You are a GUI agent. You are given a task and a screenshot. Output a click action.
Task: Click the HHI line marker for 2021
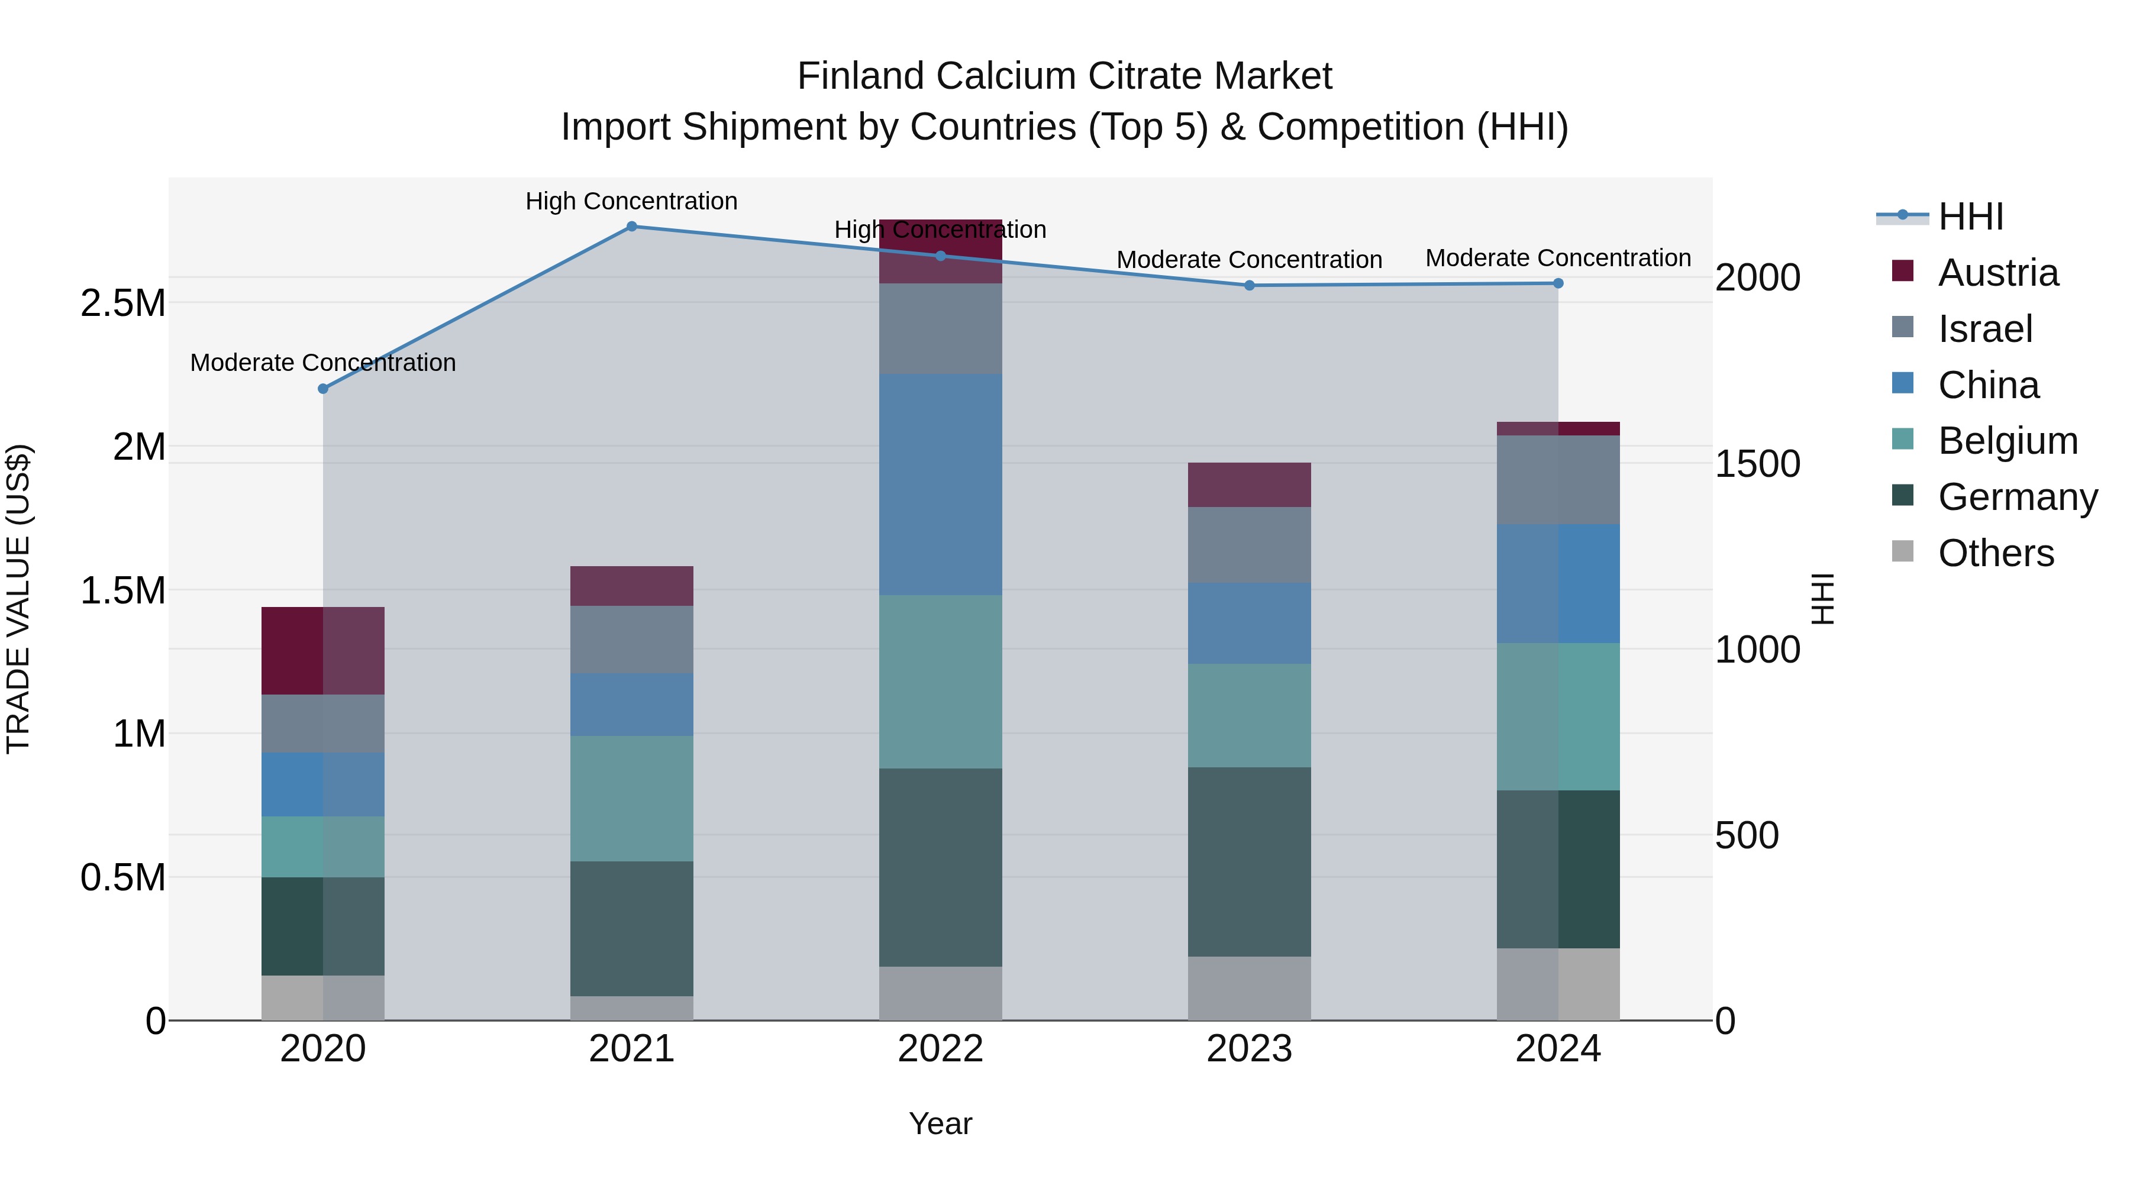tap(632, 227)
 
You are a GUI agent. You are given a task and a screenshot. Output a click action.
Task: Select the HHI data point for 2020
tap(323, 389)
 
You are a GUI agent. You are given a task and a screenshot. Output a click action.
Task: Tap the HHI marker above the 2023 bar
tap(1250, 285)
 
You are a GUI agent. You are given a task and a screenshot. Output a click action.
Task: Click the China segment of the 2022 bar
tap(940, 485)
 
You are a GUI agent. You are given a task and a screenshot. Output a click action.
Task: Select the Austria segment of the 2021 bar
tap(632, 586)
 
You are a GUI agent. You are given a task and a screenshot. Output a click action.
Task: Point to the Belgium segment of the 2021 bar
tap(632, 799)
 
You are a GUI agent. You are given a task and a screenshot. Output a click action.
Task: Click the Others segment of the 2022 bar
tap(940, 993)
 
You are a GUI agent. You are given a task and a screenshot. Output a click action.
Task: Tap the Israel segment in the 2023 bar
tap(1250, 545)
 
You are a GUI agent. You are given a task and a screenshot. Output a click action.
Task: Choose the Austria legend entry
tap(1997, 273)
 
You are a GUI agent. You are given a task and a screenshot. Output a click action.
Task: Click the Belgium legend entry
tap(2008, 441)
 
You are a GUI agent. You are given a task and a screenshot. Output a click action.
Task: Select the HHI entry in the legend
tap(1970, 217)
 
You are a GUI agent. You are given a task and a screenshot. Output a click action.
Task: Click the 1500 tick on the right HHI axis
tap(1757, 464)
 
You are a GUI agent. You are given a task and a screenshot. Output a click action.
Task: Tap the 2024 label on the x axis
tap(1558, 1049)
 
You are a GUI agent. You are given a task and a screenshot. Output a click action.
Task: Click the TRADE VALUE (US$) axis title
tap(18, 599)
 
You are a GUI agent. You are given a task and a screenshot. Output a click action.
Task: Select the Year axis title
tap(940, 1123)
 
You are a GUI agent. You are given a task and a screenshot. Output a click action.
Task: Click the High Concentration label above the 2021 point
tap(632, 201)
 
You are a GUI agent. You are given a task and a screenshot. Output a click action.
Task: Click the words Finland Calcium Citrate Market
tap(1064, 76)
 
